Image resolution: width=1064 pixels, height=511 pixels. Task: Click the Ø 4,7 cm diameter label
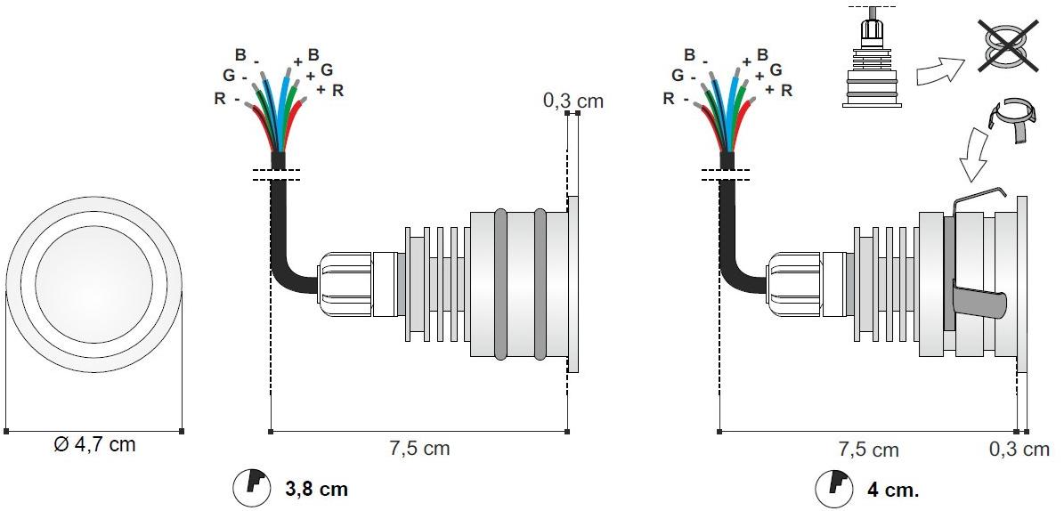[x=94, y=445]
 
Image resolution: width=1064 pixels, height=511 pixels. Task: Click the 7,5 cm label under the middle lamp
[x=419, y=448]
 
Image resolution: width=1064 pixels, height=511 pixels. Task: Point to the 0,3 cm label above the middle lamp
[x=573, y=101]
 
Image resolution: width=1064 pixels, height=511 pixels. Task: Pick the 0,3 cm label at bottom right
[x=1019, y=449]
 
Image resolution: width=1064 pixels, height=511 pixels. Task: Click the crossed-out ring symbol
[x=1009, y=45]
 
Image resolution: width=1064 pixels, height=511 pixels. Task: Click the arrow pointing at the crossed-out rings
[x=940, y=71]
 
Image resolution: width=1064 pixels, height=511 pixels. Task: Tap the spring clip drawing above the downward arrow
[x=1011, y=120]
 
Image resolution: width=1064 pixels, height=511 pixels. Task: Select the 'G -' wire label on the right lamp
[x=683, y=76]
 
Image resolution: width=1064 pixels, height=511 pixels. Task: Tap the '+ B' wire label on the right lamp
[x=755, y=56]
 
